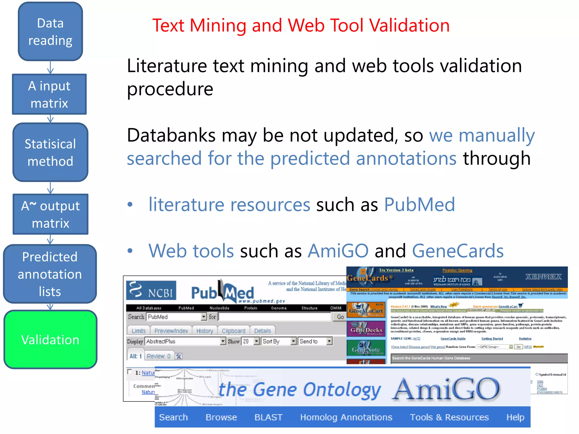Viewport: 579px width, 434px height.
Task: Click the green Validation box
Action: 50,339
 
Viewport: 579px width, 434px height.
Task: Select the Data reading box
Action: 50,31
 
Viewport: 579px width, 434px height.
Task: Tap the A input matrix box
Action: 49,94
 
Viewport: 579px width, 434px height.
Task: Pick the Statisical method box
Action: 50,152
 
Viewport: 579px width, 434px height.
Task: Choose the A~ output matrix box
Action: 50,214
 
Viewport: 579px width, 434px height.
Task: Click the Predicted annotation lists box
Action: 50,274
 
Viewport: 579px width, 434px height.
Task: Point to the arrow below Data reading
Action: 50,67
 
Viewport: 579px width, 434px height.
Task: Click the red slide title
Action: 301,25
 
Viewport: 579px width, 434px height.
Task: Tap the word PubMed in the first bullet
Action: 420,204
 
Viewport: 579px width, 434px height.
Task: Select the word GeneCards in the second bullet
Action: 458,251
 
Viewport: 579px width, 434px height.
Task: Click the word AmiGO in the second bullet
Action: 338,251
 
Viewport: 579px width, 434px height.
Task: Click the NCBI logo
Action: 151,290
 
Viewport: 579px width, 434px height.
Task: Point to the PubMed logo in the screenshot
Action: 222,292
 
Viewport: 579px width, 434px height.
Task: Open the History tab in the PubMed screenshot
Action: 205,331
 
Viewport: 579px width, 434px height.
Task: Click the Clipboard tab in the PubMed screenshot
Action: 234,331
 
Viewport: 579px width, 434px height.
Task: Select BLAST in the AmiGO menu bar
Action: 268,417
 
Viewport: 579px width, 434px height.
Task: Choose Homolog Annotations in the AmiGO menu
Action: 346,417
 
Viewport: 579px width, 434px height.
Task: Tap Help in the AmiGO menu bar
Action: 515,417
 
